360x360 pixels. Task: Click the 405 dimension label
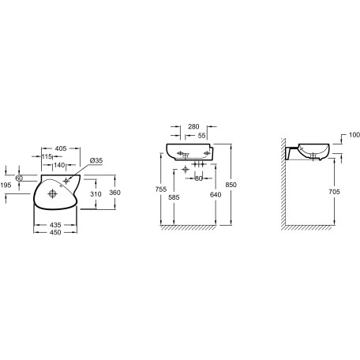61,148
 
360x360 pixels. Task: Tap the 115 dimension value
47,157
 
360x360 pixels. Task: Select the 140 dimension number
59,165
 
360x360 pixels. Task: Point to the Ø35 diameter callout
96,160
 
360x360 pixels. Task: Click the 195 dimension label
6,186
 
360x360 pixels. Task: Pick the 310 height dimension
96,194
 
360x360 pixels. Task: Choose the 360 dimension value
114,193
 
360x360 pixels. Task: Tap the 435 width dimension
55,225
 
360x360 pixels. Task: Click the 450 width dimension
55,232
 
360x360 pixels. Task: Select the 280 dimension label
193,126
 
